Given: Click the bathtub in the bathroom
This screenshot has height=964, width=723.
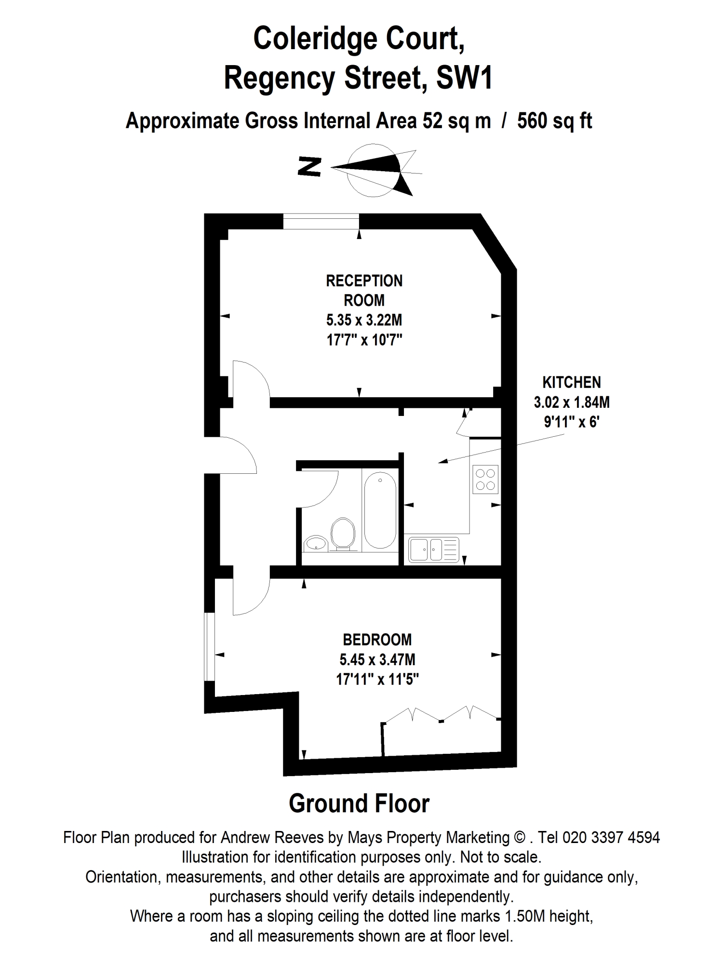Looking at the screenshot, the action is [380, 510].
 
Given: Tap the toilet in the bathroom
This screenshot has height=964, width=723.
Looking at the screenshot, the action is [343, 535].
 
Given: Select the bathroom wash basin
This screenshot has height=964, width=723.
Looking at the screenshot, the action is [316, 543].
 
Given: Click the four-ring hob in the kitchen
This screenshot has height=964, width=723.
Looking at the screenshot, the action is [485, 479].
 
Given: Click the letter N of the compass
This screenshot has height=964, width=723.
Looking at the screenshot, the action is [309, 167].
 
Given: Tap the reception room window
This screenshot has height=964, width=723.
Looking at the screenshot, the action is [321, 221].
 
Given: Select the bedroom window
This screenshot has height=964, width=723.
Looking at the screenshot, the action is [209, 647].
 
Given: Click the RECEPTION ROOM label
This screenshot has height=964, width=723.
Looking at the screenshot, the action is [364, 290].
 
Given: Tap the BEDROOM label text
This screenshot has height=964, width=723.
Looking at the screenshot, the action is [377, 640].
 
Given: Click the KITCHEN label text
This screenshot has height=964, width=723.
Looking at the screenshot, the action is [572, 382].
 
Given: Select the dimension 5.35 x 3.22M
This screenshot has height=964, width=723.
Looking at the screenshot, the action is [364, 320].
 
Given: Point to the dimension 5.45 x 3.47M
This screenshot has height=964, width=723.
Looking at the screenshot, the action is [377, 659].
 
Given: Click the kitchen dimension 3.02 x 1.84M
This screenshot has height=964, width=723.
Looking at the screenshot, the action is [572, 402].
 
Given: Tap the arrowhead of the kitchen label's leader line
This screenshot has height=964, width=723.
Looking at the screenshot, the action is [442, 462].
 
